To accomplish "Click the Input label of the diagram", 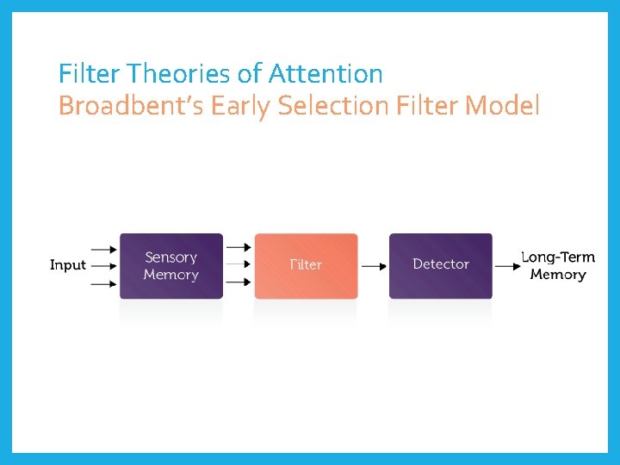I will coord(68,265).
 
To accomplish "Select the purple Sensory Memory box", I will coord(170,265).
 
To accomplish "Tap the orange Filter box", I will coord(306,265).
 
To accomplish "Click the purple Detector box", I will coord(440,265).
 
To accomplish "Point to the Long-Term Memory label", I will coord(558,265).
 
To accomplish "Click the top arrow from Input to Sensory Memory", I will coord(103,249).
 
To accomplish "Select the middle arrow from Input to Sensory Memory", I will coord(103,265).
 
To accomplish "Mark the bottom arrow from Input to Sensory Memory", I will coord(103,282).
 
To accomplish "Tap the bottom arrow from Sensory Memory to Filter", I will coord(239,282).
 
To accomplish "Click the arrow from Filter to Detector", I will coord(374,266).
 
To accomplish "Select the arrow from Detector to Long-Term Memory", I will coord(508,266).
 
